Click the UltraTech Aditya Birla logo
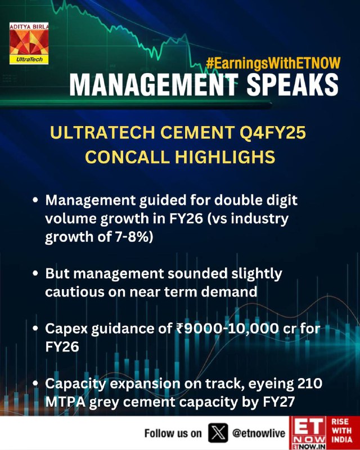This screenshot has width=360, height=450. pos(29,43)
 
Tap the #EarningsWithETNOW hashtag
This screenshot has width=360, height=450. pos(273,63)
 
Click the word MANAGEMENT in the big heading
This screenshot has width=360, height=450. pos(154,85)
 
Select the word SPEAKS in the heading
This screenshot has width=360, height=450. pos(292,85)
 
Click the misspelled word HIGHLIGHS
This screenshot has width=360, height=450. pos(225,157)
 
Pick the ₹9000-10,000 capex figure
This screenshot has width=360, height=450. pos(227,328)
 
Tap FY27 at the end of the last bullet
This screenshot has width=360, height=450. pos(279,402)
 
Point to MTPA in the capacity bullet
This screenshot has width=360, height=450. pos(65,402)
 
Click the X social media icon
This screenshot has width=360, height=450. pos(218,433)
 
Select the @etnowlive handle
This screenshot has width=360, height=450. pos(259,433)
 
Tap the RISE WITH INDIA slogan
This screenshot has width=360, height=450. pos(341,430)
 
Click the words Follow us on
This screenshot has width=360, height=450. pos(173,433)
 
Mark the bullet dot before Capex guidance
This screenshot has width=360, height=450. pos(35,328)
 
